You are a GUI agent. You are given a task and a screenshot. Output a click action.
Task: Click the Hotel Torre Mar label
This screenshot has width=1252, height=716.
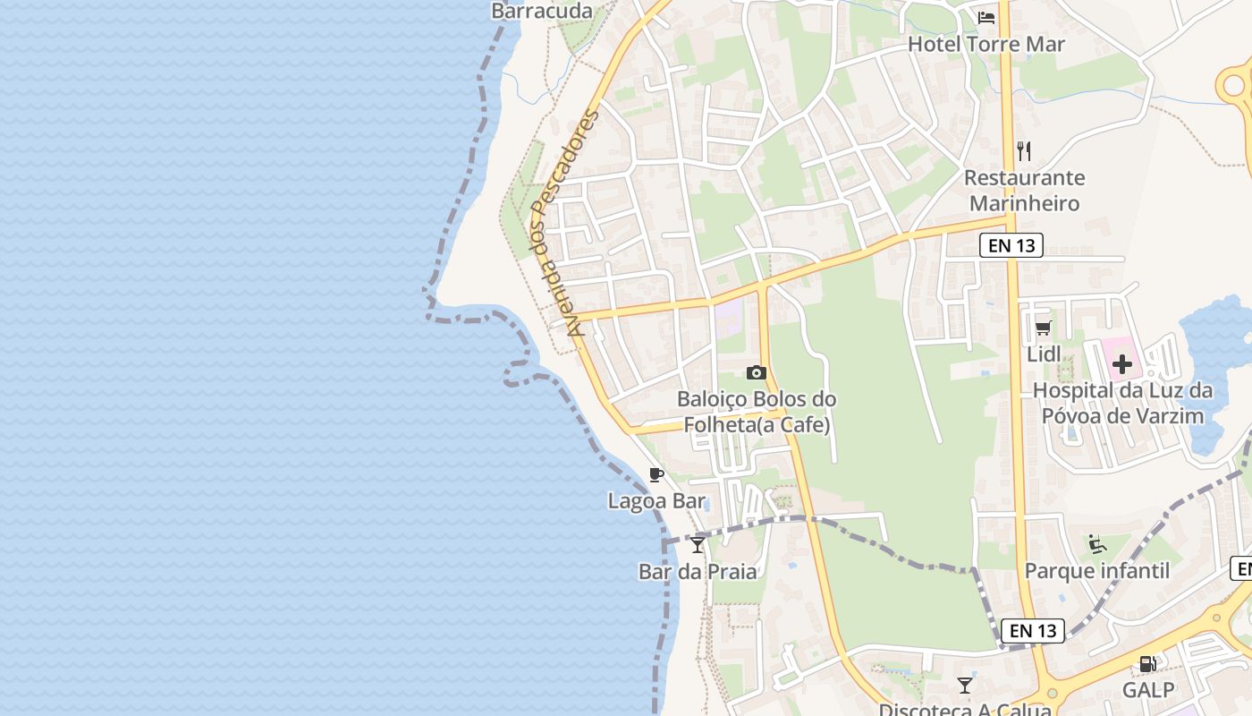coord(986,44)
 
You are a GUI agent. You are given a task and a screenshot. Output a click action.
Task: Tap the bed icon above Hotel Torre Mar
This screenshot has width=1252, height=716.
coord(986,18)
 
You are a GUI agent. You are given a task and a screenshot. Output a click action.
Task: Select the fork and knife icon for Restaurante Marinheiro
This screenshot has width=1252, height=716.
coord(1024,150)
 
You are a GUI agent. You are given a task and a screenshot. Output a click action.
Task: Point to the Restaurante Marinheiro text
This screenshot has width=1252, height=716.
coord(1024,191)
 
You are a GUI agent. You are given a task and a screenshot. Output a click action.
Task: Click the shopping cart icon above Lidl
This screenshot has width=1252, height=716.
coord(1043,328)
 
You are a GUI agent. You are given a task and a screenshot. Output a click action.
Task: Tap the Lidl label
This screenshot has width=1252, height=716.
coord(1044,354)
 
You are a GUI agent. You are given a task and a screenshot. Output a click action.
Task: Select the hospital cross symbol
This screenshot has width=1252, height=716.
coord(1121,364)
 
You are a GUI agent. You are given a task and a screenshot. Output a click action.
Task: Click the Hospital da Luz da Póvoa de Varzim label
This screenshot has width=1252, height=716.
coord(1122,403)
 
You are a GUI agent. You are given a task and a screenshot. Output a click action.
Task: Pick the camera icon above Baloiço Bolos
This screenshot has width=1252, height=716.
coord(757,372)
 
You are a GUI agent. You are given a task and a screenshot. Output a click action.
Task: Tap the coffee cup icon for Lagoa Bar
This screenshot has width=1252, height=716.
coord(656,474)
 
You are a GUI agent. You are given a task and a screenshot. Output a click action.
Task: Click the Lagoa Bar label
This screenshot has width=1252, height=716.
coord(656,501)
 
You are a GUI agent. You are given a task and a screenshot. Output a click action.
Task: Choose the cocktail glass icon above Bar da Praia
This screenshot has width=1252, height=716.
coord(698,544)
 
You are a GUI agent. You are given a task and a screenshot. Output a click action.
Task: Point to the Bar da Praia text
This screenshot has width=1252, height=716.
coord(698,571)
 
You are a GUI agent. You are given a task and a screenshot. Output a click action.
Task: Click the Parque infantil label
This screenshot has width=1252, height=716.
coord(1096,571)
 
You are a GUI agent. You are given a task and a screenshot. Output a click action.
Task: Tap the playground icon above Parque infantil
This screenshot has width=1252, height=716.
coord(1096,544)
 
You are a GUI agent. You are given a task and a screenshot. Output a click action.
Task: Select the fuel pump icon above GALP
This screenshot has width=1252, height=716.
coord(1147,664)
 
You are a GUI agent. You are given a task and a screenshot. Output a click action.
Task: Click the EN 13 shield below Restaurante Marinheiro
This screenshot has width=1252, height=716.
coord(1011,245)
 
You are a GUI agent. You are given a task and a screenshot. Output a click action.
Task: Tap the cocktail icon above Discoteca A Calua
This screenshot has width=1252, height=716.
coord(964,686)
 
